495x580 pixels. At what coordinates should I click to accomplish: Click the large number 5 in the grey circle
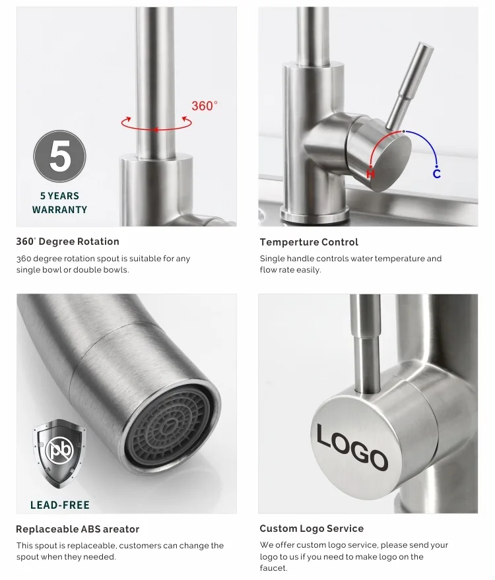pos(59,156)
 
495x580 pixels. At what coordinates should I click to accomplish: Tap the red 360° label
pos(205,106)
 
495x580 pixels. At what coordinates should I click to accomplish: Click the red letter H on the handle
pos(370,173)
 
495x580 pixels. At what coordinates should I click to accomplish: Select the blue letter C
pos(436,174)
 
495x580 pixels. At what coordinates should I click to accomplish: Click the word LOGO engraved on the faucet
pos(352,447)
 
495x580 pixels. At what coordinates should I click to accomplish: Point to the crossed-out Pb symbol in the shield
pos(59,449)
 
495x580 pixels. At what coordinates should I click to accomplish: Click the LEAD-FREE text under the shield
pos(60,505)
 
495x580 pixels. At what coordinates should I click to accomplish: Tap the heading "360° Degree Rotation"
pos(68,242)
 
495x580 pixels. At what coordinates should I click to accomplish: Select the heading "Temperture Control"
pos(309,242)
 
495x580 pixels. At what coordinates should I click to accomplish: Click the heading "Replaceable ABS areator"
pos(78,529)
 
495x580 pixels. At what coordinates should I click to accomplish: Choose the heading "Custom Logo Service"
pos(312,529)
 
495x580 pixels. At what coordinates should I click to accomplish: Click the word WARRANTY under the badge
pos(59,210)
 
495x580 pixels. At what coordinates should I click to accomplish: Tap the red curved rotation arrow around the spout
pos(156,123)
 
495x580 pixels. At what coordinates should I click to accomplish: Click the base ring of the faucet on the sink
pos(314,214)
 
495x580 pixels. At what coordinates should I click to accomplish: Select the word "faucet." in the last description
pos(273,568)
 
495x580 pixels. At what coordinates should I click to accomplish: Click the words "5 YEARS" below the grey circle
pos(59,196)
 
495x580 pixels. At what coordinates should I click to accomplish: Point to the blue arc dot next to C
pos(436,166)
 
